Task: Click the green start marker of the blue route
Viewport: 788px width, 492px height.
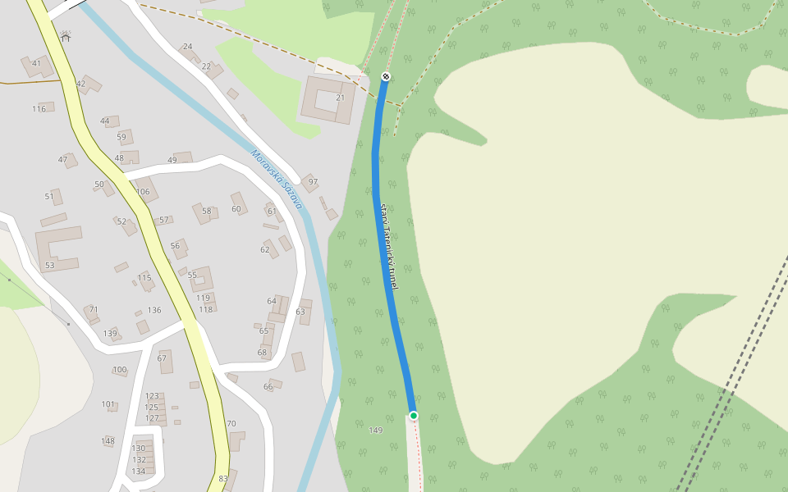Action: pyautogui.click(x=414, y=416)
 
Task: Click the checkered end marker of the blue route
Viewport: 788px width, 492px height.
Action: pyautogui.click(x=386, y=77)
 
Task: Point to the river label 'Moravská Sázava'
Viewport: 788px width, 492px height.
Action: pyautogui.click(x=277, y=180)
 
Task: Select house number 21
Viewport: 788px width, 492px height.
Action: pyautogui.click(x=341, y=98)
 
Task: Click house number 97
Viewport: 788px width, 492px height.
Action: pyautogui.click(x=313, y=182)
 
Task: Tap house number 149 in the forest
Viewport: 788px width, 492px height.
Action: pyautogui.click(x=376, y=430)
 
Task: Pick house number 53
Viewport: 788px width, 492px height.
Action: pyautogui.click(x=50, y=266)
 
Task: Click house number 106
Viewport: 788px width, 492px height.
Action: pyautogui.click(x=144, y=192)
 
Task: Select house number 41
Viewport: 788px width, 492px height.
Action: pyautogui.click(x=36, y=63)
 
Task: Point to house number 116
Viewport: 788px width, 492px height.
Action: pyautogui.click(x=39, y=109)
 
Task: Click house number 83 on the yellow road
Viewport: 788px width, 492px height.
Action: pyautogui.click(x=223, y=479)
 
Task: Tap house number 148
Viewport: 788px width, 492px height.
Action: pyautogui.click(x=108, y=441)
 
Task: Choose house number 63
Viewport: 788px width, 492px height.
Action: pyautogui.click(x=300, y=312)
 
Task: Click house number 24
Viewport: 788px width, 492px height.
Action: pyautogui.click(x=188, y=47)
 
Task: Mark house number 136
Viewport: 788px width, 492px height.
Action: pyautogui.click(x=154, y=310)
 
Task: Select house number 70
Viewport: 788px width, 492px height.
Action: pyautogui.click(x=231, y=424)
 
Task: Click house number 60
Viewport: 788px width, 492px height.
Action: pyautogui.click(x=236, y=208)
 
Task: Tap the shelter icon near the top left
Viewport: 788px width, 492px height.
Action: pyautogui.click(x=66, y=37)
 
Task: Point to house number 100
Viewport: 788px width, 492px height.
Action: pyautogui.click(x=120, y=370)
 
